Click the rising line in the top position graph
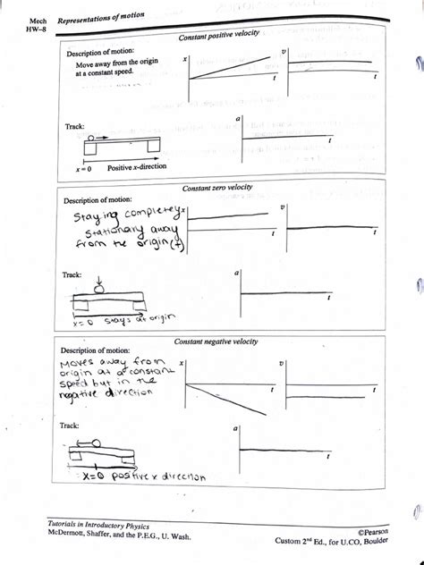(228, 69)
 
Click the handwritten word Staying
(89, 219)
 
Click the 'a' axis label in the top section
(238, 118)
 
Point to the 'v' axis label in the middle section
(283, 207)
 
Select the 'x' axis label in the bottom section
(182, 365)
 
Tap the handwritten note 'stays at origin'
(129, 318)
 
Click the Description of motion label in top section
(99, 52)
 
